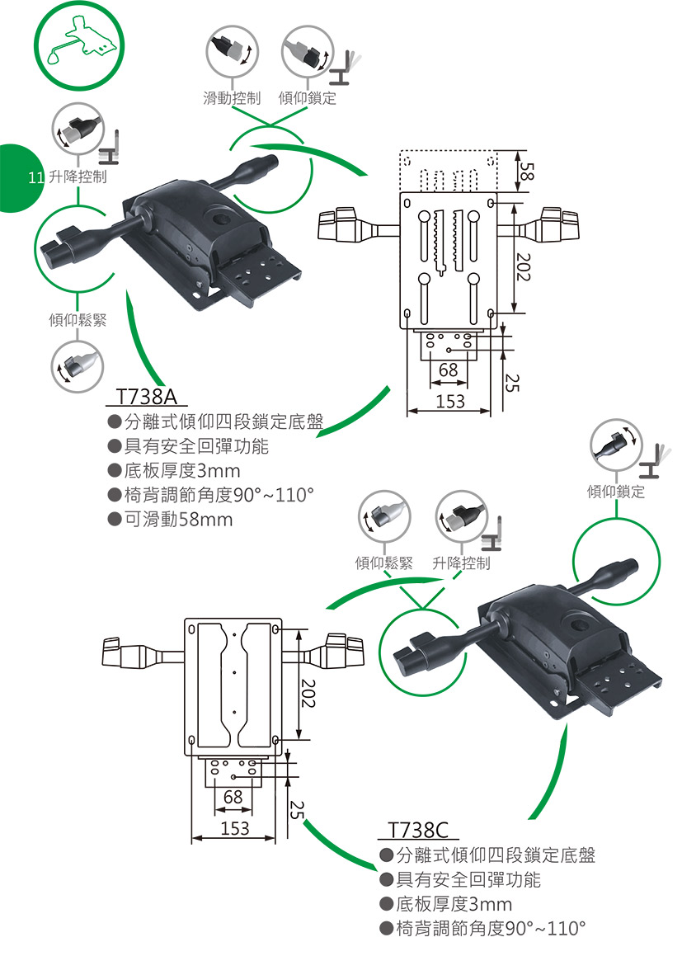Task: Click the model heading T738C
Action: [416, 828]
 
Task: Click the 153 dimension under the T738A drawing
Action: [450, 401]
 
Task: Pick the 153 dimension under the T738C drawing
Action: [234, 827]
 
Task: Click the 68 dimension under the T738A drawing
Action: [448, 370]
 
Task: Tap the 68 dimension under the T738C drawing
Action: [233, 797]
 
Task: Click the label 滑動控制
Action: [232, 99]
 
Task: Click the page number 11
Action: [35, 177]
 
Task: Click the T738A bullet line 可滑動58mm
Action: [177, 520]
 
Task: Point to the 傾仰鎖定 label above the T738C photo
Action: [616, 492]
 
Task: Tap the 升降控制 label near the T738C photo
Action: [461, 563]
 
